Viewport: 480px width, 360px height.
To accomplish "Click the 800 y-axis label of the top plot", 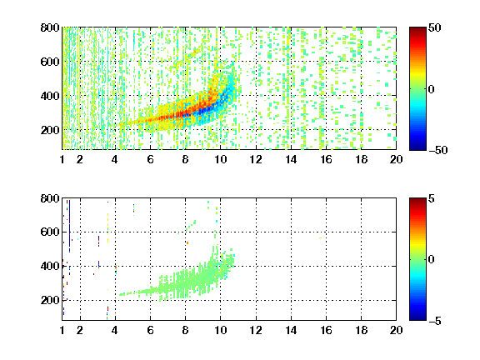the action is (x=50, y=27).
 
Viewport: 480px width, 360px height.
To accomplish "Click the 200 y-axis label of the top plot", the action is (x=50, y=130).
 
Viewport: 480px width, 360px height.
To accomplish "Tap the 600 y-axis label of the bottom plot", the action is (x=50, y=232).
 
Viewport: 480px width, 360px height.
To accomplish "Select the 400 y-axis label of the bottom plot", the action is (x=50, y=266).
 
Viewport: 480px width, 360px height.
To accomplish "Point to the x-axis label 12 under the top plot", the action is (x=256, y=159).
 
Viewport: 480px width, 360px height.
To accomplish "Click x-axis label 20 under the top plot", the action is (x=396, y=159).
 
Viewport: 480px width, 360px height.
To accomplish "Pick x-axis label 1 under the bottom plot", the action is (x=62, y=330).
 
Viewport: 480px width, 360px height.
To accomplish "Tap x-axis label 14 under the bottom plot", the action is (x=291, y=330).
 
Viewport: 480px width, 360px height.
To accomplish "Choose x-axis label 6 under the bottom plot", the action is (x=150, y=330).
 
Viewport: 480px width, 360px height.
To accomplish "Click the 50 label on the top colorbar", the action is (x=435, y=27).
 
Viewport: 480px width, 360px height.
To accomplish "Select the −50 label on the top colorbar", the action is (x=438, y=150).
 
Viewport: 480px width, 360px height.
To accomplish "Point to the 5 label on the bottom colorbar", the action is (x=432, y=198).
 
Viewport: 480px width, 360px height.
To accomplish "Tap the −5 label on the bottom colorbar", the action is (x=435, y=321).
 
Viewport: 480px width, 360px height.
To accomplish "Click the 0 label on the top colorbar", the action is (x=432, y=89).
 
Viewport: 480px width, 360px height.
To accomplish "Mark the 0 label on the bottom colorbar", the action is (x=432, y=260).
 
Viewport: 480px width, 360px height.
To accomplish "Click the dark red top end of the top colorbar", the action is (x=417, y=29).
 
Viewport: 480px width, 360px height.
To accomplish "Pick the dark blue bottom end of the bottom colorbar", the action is (x=417, y=317).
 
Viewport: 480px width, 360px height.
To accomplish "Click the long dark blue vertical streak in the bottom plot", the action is (x=69, y=226).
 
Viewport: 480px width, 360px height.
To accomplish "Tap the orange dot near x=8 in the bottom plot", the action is (x=187, y=242).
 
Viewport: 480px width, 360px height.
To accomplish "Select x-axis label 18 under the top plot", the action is (x=361, y=159).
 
